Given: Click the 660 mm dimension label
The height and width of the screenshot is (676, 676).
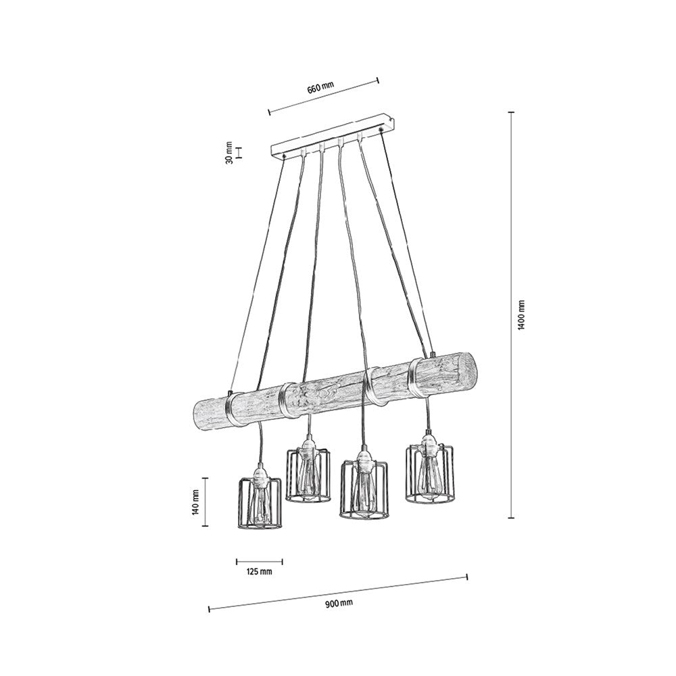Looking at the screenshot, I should tap(321, 89).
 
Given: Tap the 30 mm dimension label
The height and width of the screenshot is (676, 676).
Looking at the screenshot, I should tap(229, 153).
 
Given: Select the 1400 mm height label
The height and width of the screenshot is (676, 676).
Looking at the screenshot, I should tap(521, 314).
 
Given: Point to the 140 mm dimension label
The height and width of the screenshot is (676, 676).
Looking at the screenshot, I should tap(195, 501).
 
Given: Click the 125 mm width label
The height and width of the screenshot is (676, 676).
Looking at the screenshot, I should tap(259, 572).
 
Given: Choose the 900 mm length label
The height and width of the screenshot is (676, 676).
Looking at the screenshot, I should tap(338, 602).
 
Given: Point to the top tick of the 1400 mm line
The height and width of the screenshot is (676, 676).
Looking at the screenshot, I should tap(511, 112).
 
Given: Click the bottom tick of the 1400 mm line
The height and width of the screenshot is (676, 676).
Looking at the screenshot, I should tap(511, 518).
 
